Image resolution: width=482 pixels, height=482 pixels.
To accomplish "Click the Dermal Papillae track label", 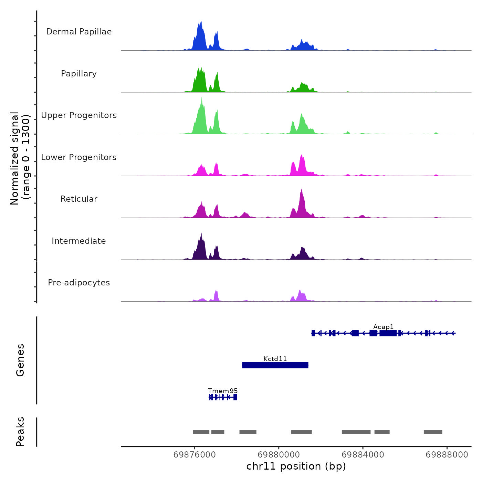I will click(x=79, y=32).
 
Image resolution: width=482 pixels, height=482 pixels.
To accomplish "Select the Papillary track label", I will click(x=79, y=74).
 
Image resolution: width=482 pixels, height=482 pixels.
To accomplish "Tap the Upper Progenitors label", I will click(x=79, y=115).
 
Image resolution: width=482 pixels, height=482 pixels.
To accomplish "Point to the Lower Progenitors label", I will click(x=79, y=157).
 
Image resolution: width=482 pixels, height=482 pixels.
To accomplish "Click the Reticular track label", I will click(x=79, y=199).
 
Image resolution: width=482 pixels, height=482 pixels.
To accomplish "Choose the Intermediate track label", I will click(x=79, y=241).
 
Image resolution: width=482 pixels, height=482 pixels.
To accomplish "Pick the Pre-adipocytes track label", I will click(x=79, y=283).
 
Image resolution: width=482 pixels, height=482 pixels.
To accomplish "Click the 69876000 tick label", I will click(x=195, y=455).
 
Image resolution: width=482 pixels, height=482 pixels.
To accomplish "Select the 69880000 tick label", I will click(x=279, y=455).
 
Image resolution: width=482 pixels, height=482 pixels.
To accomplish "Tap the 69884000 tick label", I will click(x=363, y=455).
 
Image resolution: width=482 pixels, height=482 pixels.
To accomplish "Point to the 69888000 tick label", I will click(x=447, y=455).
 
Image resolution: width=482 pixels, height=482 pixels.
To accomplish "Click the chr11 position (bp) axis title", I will click(x=296, y=466).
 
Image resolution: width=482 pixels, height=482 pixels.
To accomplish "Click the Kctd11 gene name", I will click(x=275, y=359).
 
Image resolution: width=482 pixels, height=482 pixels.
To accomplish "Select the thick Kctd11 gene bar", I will click(x=275, y=365).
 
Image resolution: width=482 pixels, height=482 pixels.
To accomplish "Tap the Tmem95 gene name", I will click(x=223, y=391).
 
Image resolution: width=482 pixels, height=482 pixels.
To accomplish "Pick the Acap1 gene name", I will click(x=383, y=327).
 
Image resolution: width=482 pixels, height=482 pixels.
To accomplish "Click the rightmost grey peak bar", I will click(x=433, y=432).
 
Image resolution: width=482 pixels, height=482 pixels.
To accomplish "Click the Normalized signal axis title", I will click(x=20, y=158).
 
